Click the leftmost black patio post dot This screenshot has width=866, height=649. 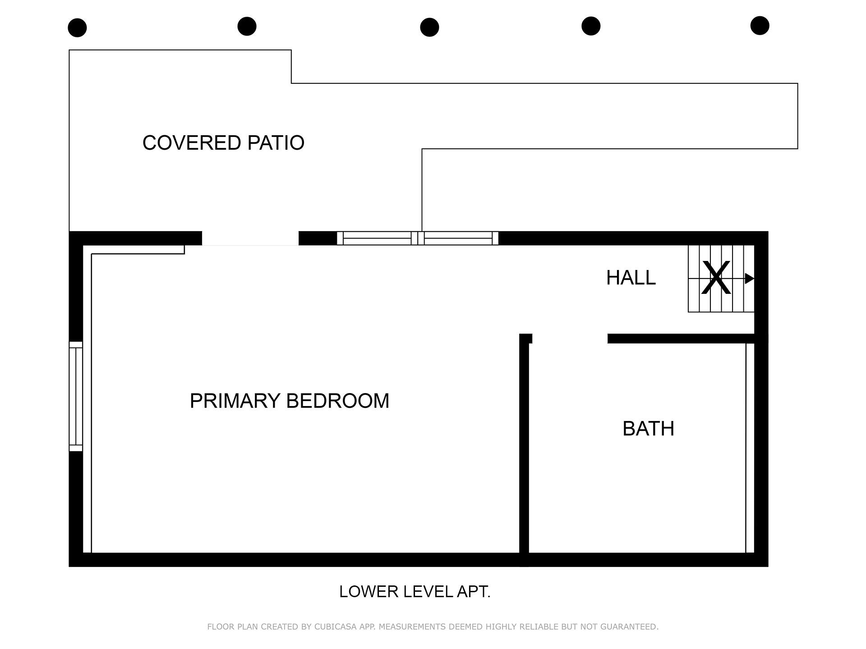(x=77, y=27)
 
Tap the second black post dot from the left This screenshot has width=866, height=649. (x=247, y=26)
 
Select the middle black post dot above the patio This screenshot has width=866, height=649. (x=429, y=27)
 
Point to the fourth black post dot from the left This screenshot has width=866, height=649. (x=591, y=26)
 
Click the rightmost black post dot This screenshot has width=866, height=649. (x=760, y=25)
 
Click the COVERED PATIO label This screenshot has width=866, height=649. (x=223, y=143)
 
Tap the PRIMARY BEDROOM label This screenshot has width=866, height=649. (x=289, y=401)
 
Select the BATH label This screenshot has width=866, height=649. (x=648, y=429)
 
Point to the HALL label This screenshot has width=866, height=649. (x=631, y=278)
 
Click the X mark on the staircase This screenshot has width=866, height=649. (x=716, y=278)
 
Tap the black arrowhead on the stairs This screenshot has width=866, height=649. (x=749, y=279)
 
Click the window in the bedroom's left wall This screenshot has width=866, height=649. (x=76, y=396)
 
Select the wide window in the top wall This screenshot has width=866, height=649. (x=417, y=238)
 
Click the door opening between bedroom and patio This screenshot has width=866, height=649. (x=250, y=238)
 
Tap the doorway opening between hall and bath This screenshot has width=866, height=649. (x=570, y=338)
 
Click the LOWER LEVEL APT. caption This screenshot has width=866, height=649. (x=415, y=592)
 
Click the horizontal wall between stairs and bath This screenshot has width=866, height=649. (x=681, y=338)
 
